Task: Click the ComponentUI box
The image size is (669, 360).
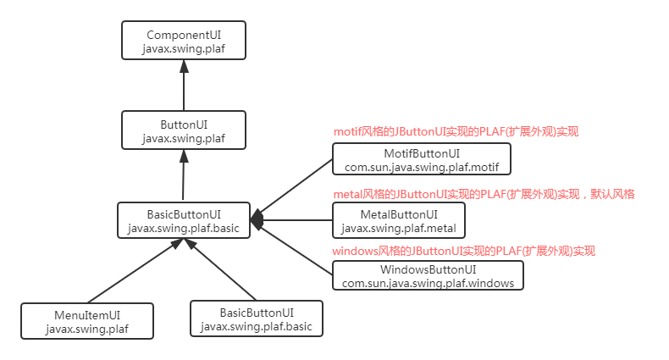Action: click(184, 42)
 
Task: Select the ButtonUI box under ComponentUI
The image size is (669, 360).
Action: click(184, 131)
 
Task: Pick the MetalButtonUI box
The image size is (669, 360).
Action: click(398, 220)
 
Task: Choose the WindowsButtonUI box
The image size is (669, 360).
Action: click(428, 275)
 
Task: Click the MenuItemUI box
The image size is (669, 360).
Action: click(88, 321)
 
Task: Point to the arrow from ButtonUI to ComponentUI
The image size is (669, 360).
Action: click(184, 85)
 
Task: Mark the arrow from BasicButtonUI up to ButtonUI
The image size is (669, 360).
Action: click(184, 175)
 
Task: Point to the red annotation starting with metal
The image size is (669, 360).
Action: click(484, 194)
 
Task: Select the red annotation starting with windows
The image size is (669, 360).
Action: click(463, 251)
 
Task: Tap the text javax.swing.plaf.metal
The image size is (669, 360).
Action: click(398, 228)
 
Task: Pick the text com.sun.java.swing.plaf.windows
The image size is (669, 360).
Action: click(428, 283)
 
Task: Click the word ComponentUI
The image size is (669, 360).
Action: click(184, 36)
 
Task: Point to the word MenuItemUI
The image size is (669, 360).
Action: click(88, 314)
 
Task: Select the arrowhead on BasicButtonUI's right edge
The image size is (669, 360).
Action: click(257, 219)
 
